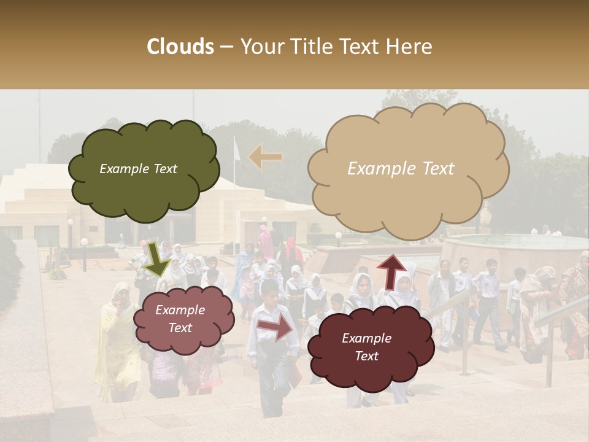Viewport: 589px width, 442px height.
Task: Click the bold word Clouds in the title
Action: click(x=180, y=47)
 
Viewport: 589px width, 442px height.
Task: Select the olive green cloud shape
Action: click(x=144, y=169)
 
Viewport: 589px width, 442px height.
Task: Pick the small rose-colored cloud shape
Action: click(x=183, y=319)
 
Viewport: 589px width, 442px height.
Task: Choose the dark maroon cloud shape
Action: click(x=370, y=347)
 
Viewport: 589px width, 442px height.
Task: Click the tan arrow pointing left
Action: click(x=266, y=157)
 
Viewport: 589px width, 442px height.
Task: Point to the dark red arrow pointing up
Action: click(x=391, y=270)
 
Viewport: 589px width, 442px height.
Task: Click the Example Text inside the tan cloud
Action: click(x=401, y=169)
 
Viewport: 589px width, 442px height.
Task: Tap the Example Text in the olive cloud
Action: click(x=138, y=169)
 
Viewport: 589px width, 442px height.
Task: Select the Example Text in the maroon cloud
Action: click(x=366, y=347)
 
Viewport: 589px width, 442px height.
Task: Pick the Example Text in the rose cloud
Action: click(x=180, y=319)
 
